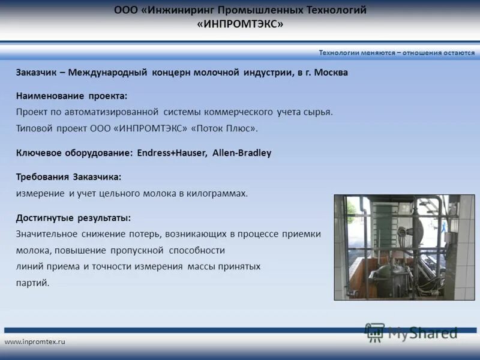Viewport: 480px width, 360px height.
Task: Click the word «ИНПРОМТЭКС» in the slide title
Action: tap(240, 24)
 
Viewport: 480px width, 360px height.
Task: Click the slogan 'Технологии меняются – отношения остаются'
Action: tap(397, 53)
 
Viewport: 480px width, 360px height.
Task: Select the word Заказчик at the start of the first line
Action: tap(36, 72)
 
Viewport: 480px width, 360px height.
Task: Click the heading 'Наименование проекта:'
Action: tap(71, 96)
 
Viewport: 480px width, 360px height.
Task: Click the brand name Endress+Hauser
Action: tap(172, 153)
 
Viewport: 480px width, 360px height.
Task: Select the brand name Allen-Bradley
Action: tap(242, 153)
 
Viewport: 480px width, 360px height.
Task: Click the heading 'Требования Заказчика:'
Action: tap(68, 177)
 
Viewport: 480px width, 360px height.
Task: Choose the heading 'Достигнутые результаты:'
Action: tap(73, 218)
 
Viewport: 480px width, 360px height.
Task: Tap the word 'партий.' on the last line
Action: tap(32, 283)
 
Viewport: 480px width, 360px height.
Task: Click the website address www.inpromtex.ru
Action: tap(35, 341)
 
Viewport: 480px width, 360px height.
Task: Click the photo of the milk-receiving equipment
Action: tap(404, 247)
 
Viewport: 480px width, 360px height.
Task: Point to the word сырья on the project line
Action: tap(319, 112)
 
